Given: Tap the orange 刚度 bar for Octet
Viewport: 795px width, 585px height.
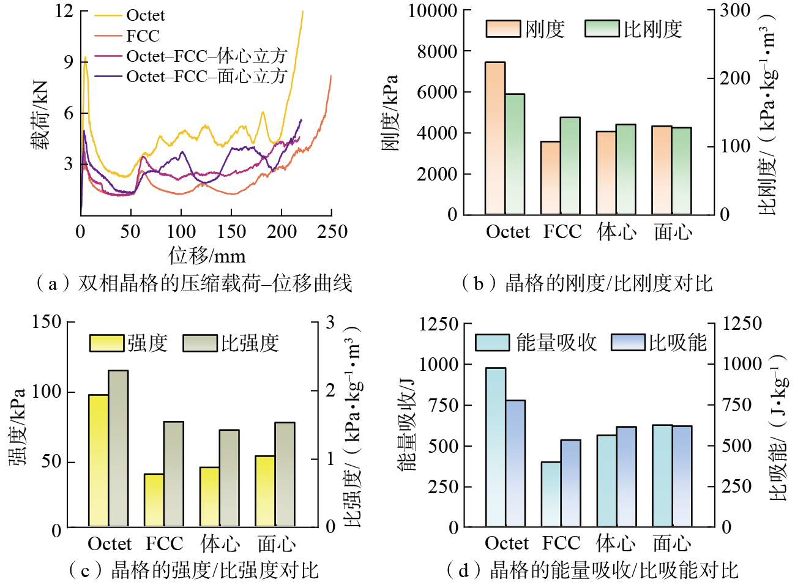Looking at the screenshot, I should (x=495, y=138).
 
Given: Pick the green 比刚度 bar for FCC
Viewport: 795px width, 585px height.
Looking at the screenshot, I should (x=570, y=166).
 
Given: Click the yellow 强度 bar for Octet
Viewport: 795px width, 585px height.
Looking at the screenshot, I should (x=99, y=461).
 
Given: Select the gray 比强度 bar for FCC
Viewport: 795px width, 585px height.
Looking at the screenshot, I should (x=173, y=474).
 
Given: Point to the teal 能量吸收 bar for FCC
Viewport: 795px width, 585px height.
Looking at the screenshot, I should (x=551, y=494).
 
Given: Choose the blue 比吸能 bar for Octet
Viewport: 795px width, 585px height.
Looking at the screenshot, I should (x=515, y=463).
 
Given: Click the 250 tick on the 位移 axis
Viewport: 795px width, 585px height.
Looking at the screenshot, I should (x=332, y=232).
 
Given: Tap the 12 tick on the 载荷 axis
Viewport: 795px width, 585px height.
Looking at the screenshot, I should (x=64, y=11).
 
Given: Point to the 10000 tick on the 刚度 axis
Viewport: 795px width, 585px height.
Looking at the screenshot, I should (x=433, y=11).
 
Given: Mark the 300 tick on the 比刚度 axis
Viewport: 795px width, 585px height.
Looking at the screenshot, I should (x=734, y=10).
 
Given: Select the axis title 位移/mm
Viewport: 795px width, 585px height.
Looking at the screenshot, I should (x=207, y=256).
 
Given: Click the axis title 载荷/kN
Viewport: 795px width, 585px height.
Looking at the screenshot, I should (x=40, y=115).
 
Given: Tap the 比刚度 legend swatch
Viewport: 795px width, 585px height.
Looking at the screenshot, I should (x=602, y=29).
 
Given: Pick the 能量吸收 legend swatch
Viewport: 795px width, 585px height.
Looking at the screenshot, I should (x=492, y=342).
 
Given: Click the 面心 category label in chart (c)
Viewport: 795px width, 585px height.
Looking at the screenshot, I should (x=276, y=543).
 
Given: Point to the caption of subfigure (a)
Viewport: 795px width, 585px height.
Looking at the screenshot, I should (x=193, y=283).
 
